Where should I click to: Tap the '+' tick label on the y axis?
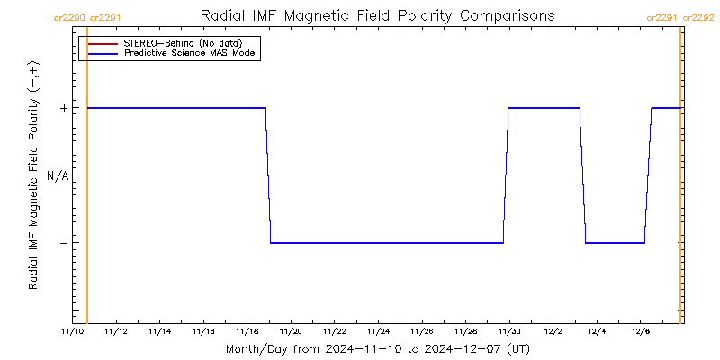pos(63,108)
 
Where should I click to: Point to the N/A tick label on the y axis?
pos(58,175)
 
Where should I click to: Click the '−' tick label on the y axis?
pos(63,243)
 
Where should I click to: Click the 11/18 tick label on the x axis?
pos(247,331)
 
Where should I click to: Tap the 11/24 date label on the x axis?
pos(379,331)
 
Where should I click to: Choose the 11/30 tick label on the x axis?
pos(510,331)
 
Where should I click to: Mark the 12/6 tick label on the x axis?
pos(640,331)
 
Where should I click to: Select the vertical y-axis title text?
pos(33,175)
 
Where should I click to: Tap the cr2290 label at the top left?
pos(70,17)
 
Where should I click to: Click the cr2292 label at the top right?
pos(699,17)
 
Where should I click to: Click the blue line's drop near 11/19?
pos(268,175)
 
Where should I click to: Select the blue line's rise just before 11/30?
pos(506,175)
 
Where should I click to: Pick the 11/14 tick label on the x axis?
pos(160,331)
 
